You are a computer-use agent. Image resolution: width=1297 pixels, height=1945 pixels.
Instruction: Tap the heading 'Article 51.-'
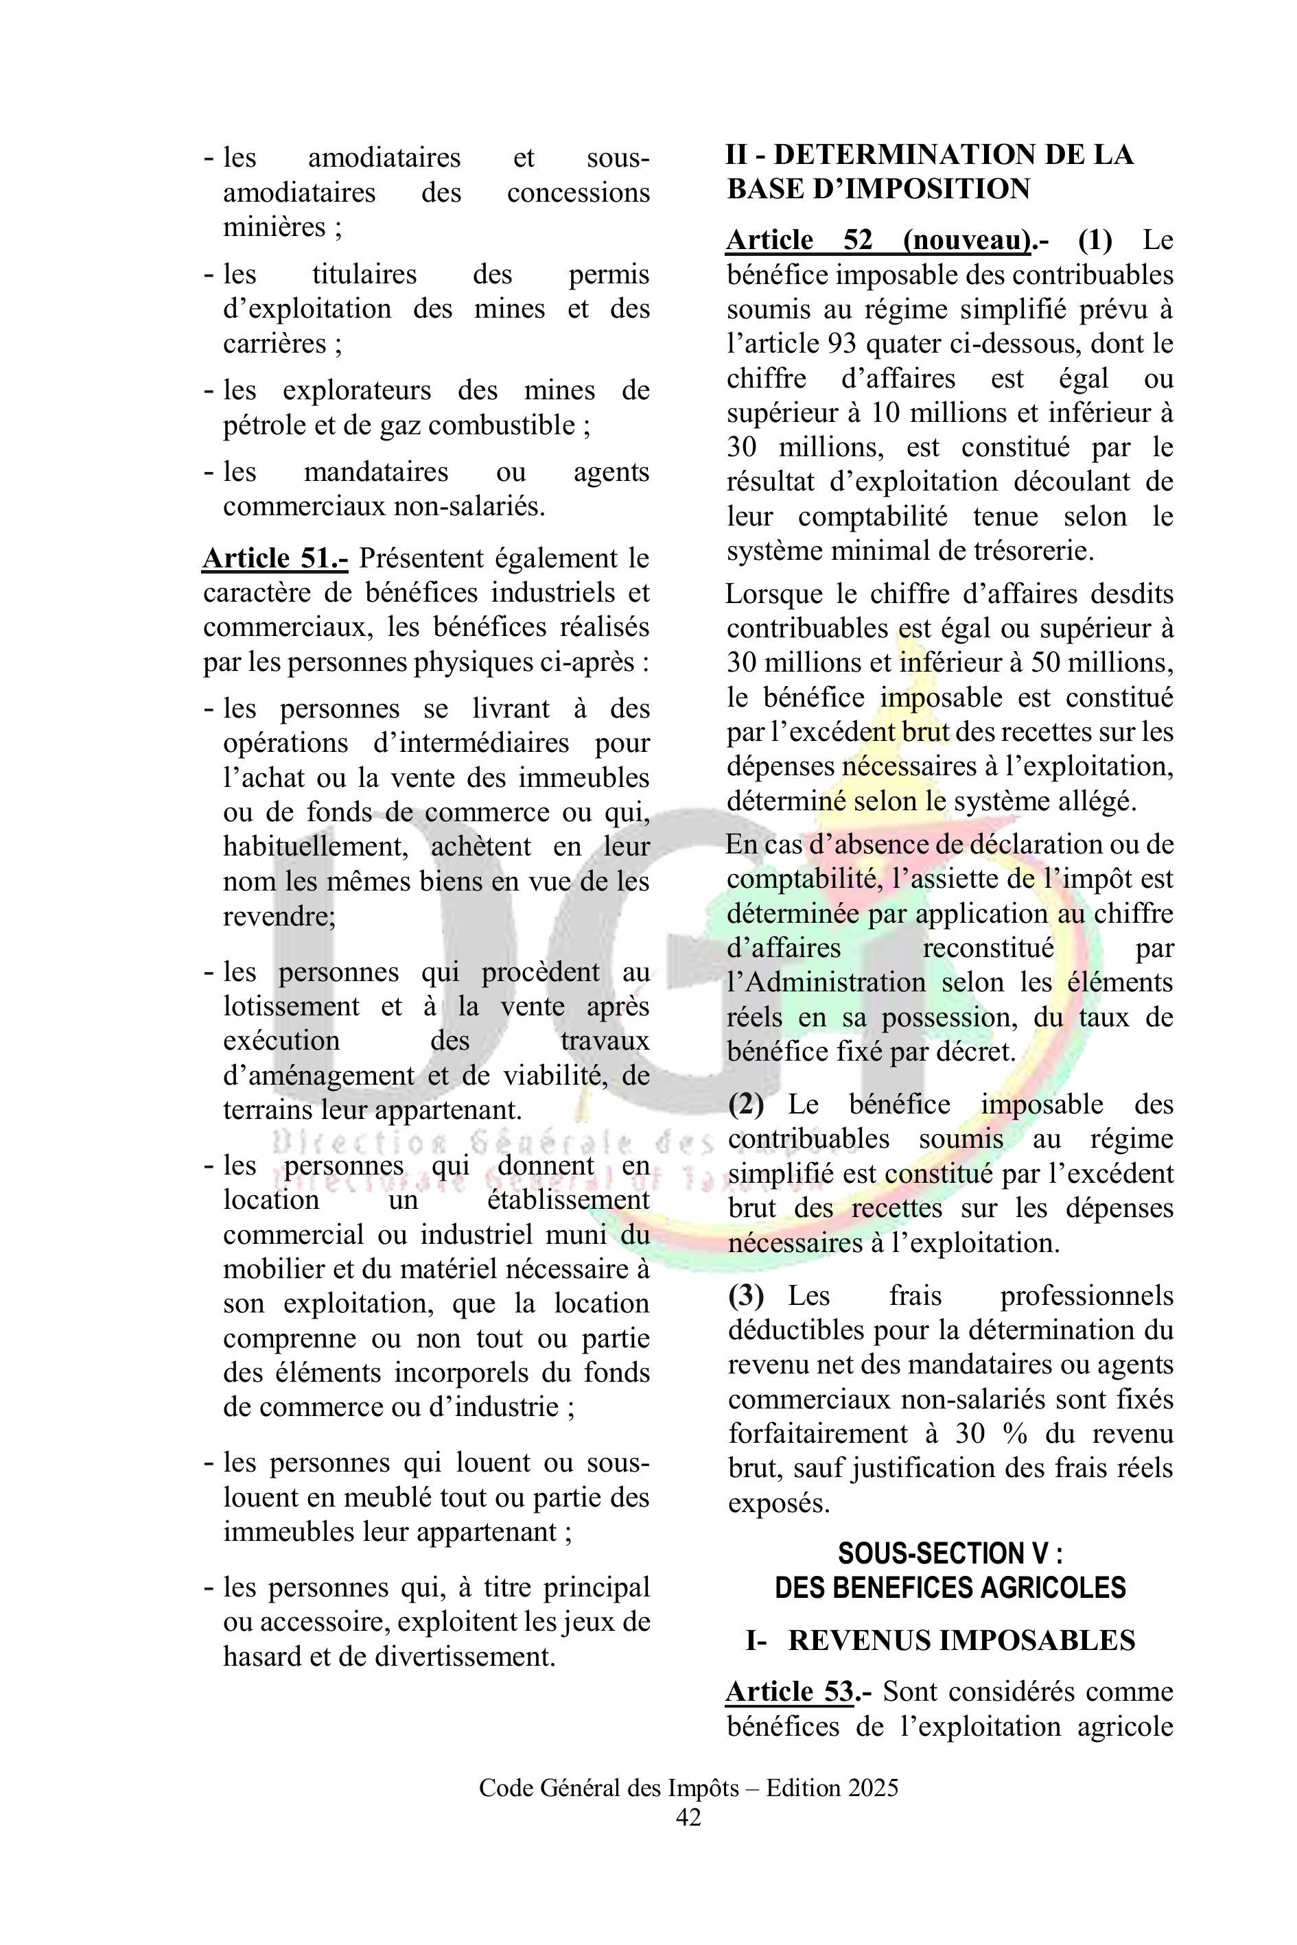[x=274, y=558]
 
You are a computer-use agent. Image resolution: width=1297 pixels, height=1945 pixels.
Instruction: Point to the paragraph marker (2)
[x=745, y=1104]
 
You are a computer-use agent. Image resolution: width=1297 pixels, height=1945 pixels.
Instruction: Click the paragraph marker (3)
[x=745, y=1295]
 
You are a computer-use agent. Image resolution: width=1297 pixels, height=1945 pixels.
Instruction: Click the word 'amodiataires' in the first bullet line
[x=384, y=157]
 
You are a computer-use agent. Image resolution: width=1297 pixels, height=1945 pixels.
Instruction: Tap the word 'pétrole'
[x=263, y=425]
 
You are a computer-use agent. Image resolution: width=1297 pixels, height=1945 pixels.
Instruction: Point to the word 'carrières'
[x=274, y=343]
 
